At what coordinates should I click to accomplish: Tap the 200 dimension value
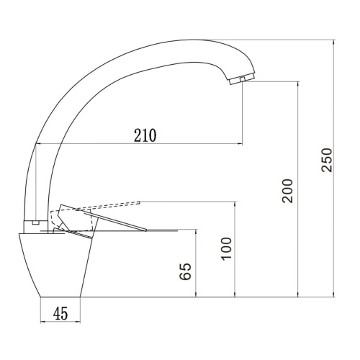click(288, 190)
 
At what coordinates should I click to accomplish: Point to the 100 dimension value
click(227, 248)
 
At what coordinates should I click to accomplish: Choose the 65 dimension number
click(186, 271)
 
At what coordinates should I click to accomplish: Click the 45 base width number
click(60, 313)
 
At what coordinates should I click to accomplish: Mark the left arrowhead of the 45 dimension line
click(40, 322)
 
